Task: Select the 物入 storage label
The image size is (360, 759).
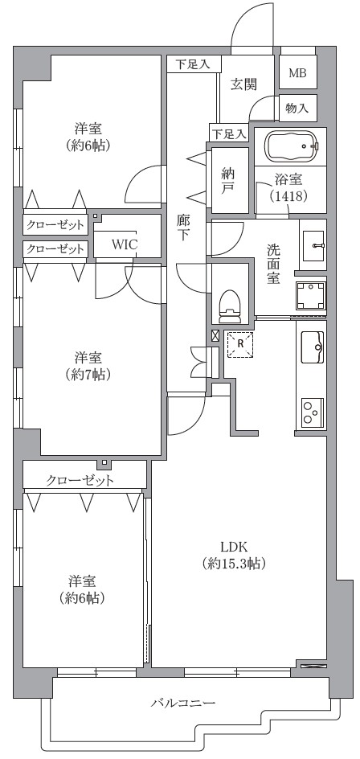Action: [297, 108]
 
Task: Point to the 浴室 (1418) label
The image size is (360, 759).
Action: [288, 188]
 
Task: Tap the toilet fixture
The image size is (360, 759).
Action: [230, 306]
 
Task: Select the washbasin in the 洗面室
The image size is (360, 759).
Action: [313, 244]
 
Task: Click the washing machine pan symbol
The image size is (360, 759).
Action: [311, 296]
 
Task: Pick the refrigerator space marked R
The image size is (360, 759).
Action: [240, 344]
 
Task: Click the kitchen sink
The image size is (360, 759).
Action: [312, 347]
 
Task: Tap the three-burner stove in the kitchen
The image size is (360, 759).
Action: [312, 412]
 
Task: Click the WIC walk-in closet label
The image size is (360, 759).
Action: [125, 244]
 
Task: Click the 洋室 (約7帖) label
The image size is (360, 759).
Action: [88, 366]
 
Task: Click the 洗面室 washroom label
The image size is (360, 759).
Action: [273, 264]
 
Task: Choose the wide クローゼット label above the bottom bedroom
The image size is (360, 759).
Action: [80, 481]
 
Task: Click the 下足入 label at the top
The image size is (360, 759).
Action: [193, 64]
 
